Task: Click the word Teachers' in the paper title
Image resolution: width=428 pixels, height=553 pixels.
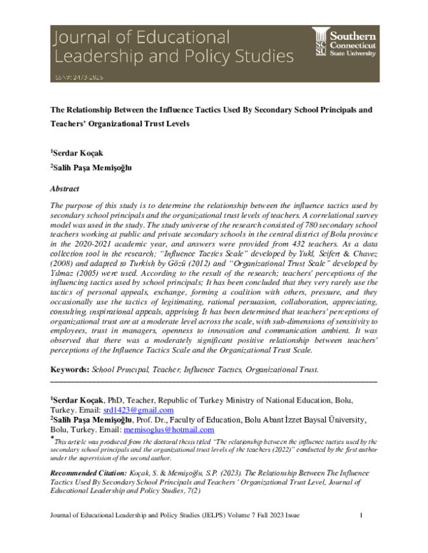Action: [x=69, y=123]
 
